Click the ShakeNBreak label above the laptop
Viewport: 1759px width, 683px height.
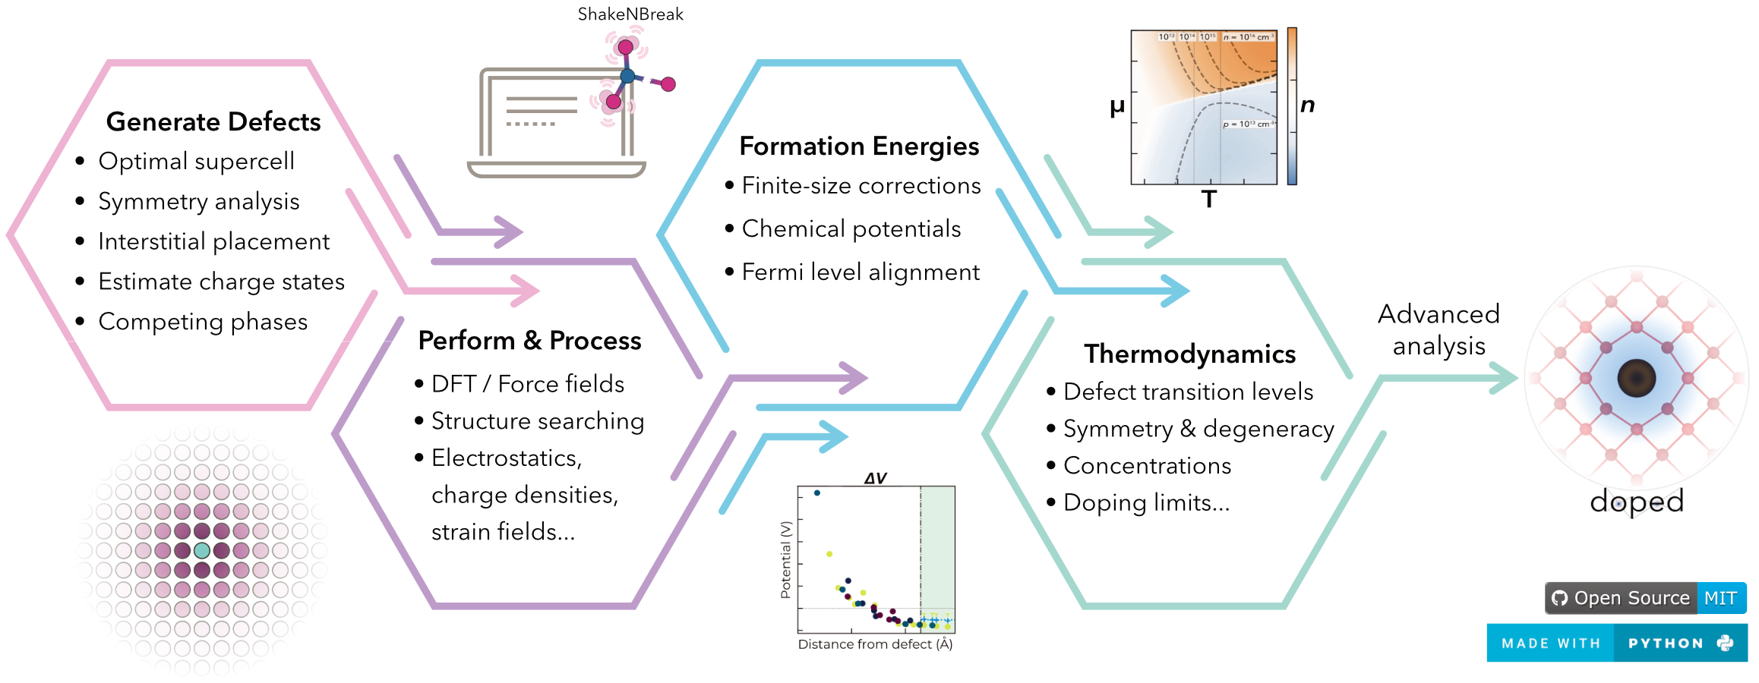pyautogui.click(x=630, y=14)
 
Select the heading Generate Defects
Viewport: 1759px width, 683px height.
pyautogui.click(x=213, y=122)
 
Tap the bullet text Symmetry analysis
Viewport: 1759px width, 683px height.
pyautogui.click(x=199, y=202)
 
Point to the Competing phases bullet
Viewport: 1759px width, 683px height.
pyautogui.click(x=203, y=322)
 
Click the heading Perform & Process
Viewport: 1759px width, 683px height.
pyautogui.click(x=529, y=341)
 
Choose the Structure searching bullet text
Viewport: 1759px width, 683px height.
pyautogui.click(x=537, y=421)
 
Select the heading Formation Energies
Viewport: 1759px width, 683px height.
pyautogui.click(x=859, y=146)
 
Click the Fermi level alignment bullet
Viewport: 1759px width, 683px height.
pyautogui.click(x=861, y=272)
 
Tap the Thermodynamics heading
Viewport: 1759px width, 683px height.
pyautogui.click(x=1189, y=354)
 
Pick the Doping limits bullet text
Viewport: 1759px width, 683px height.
pyautogui.click(x=1146, y=503)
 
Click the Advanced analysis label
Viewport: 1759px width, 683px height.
pyautogui.click(x=1438, y=330)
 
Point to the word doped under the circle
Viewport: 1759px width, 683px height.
pyautogui.click(x=1637, y=502)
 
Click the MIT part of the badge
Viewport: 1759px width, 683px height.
pyautogui.click(x=1720, y=598)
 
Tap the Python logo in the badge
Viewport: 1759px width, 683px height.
pyautogui.click(x=1726, y=643)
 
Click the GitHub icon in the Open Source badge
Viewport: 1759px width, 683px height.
pyautogui.click(x=1560, y=598)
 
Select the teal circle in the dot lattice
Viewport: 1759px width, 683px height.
pyautogui.click(x=201, y=550)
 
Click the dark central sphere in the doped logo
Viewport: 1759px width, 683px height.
pyautogui.click(x=1637, y=378)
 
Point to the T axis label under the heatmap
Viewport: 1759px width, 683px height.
pyautogui.click(x=1209, y=200)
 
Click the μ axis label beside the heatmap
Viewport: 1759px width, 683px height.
pyautogui.click(x=1116, y=106)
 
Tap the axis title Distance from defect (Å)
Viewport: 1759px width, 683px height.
pyautogui.click(x=875, y=644)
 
